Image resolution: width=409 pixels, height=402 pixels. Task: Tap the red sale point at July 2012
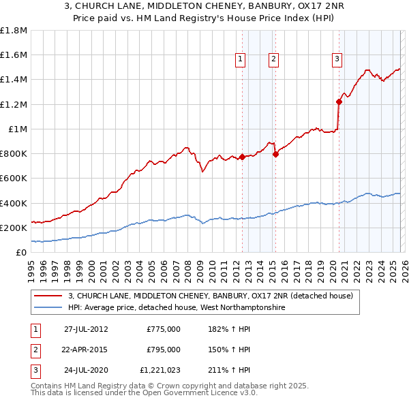pyautogui.click(x=242, y=157)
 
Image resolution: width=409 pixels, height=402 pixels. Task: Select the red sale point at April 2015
pyautogui.click(x=275, y=154)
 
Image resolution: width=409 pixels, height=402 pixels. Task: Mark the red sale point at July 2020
pyautogui.click(x=339, y=102)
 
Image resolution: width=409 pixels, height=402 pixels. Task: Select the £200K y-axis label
pyautogui.click(x=14, y=228)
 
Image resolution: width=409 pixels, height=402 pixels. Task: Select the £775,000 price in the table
pyautogui.click(x=164, y=329)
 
